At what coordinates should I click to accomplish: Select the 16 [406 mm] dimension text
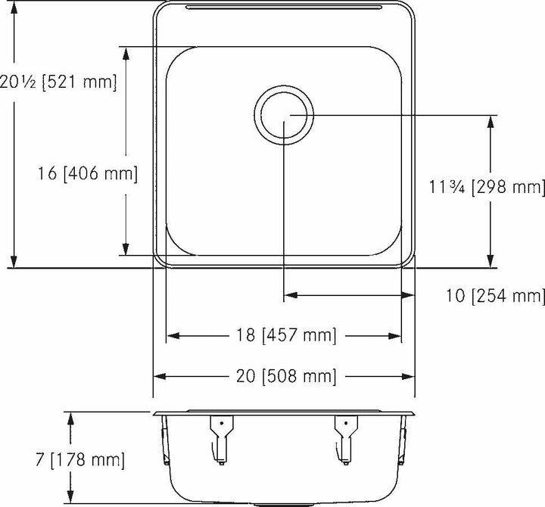[88, 174]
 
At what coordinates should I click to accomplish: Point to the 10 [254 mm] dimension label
[497, 295]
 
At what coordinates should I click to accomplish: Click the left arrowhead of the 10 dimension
[290, 295]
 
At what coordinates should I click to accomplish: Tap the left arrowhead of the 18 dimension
[173, 334]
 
